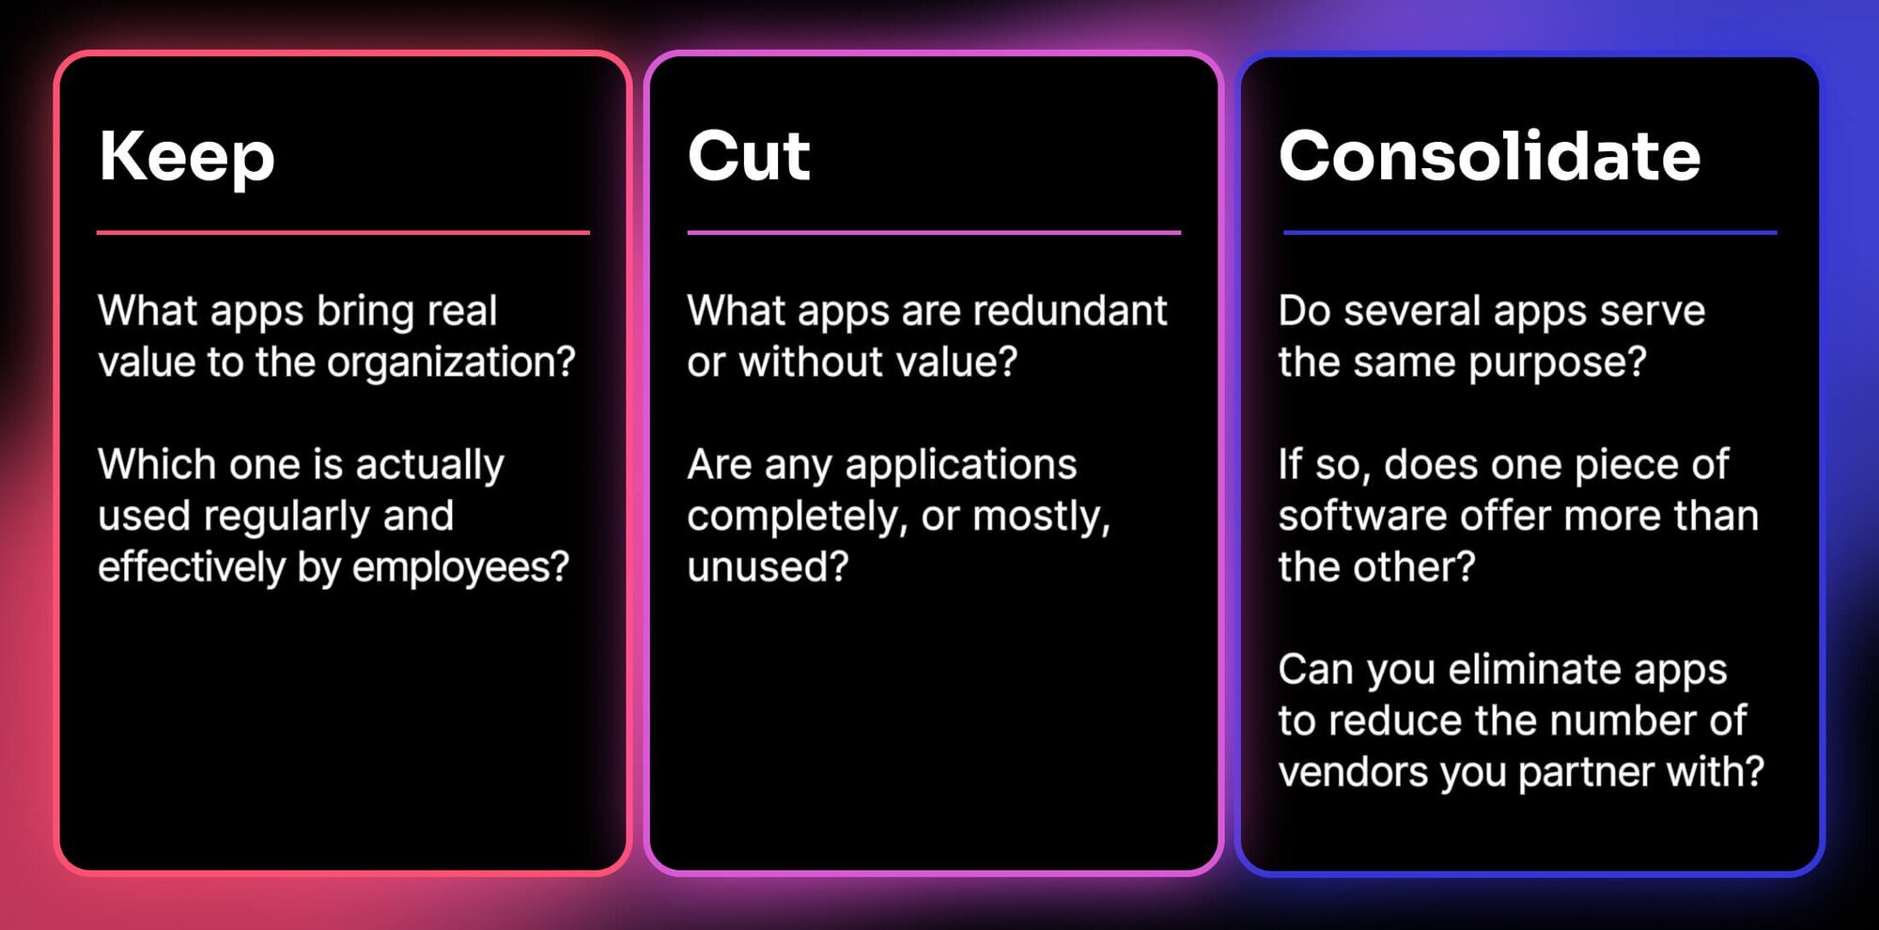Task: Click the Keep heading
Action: [x=187, y=157]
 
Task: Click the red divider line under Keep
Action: [x=343, y=232]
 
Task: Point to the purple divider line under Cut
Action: [x=934, y=232]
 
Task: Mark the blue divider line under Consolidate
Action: [x=1530, y=232]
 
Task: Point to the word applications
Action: [x=961, y=466]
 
